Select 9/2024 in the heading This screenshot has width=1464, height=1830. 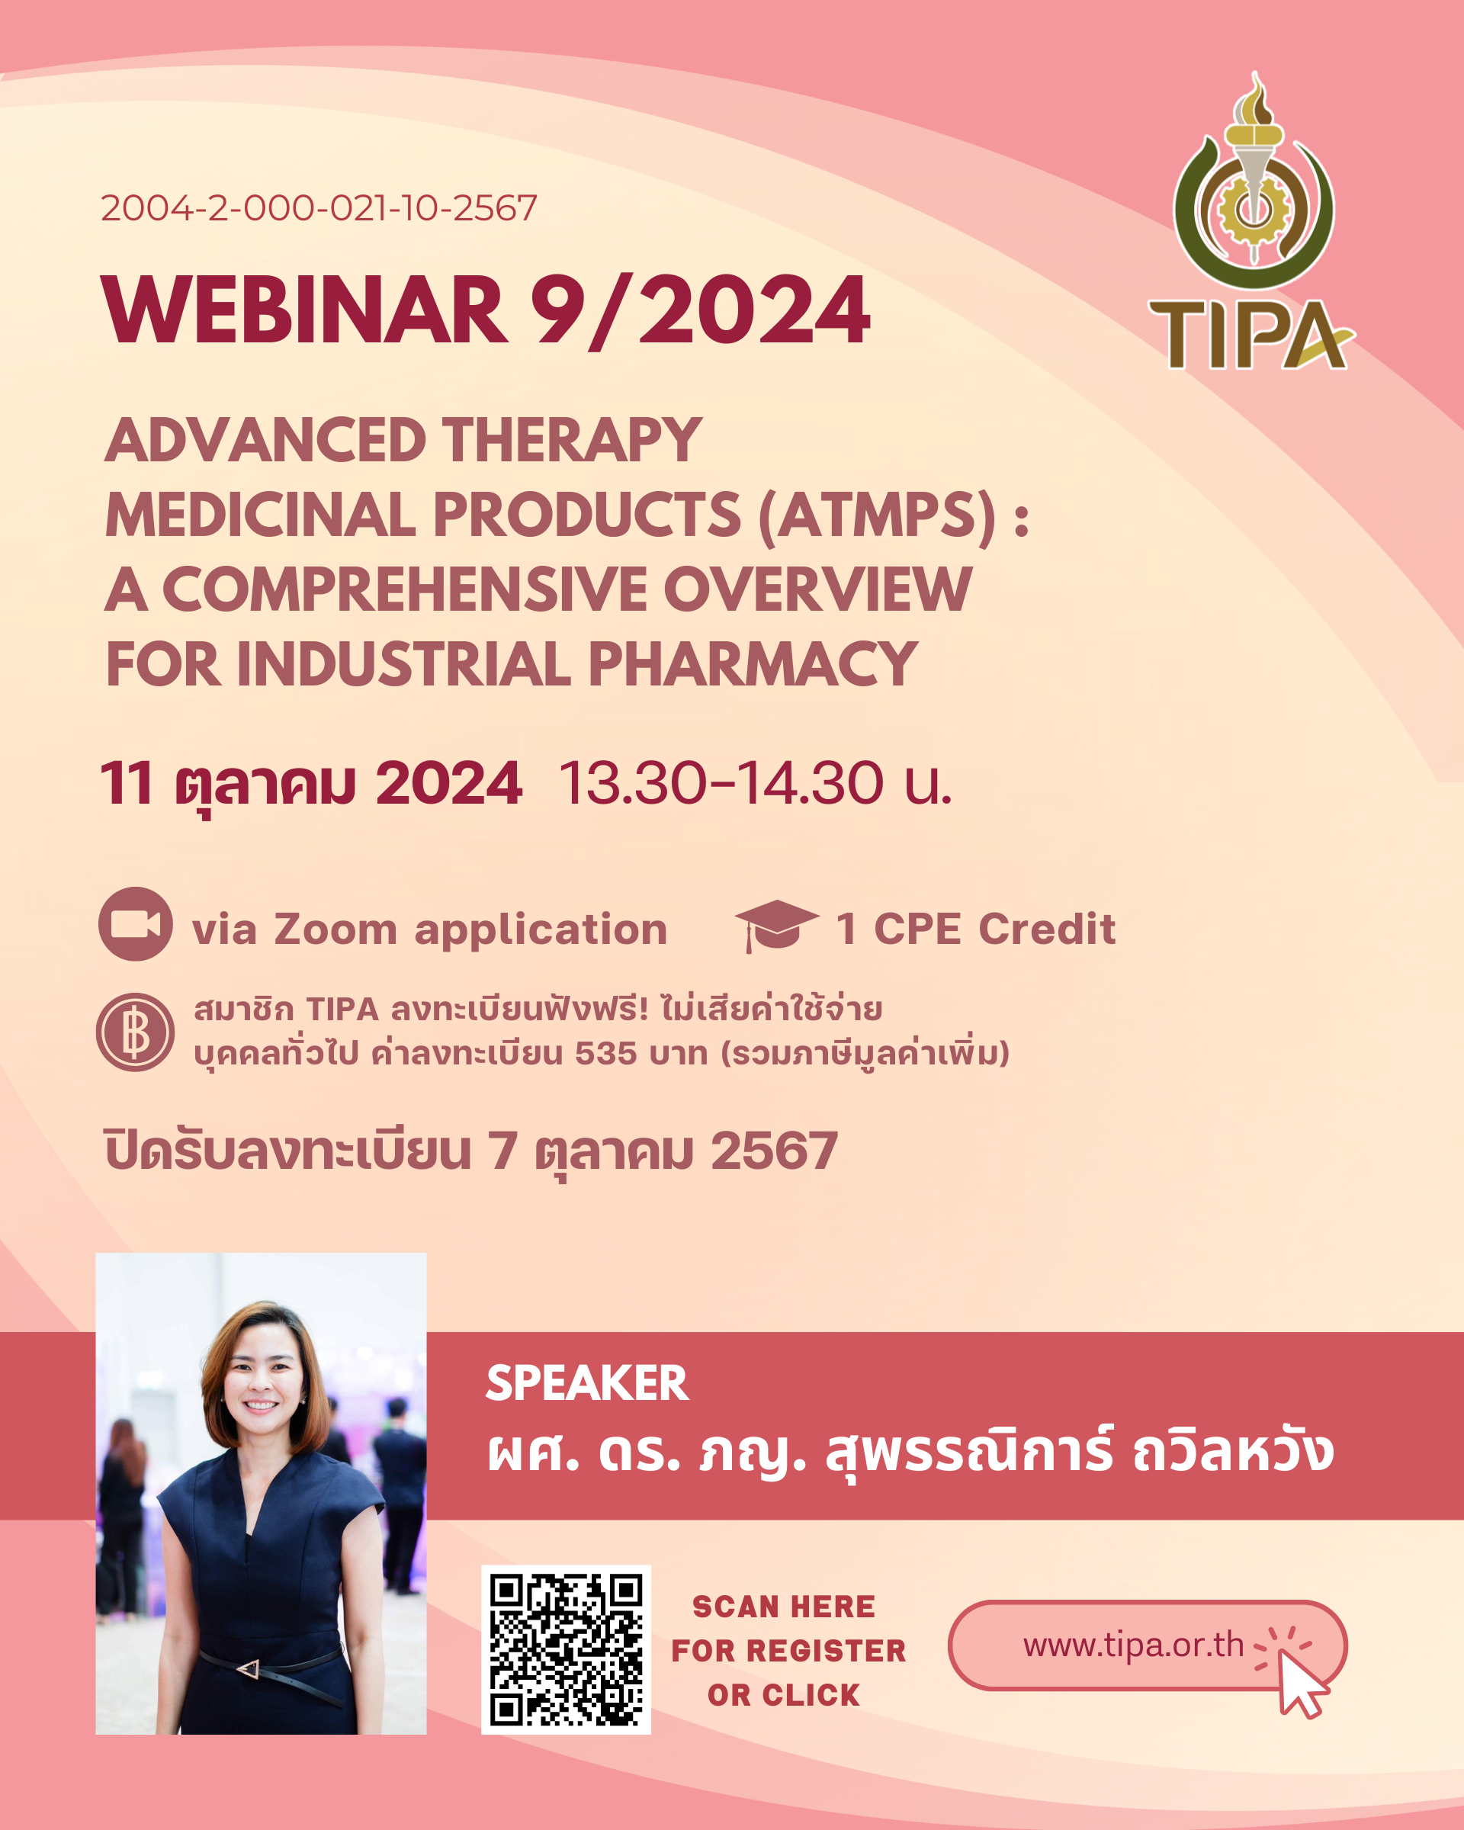click(700, 310)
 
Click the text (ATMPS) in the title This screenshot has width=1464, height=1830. click(877, 515)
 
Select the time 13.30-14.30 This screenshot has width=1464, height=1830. click(721, 782)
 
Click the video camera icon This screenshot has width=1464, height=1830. click(136, 923)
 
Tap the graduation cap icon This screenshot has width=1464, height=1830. click(775, 925)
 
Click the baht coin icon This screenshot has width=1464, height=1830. click(135, 1032)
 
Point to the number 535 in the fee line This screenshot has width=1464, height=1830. click(606, 1053)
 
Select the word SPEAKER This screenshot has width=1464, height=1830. click(587, 1382)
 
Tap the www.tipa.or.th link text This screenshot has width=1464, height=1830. click(1133, 1644)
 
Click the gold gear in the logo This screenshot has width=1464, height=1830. click(1253, 207)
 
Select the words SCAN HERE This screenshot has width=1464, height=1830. click(783, 1607)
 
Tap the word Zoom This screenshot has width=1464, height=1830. click(335, 929)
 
